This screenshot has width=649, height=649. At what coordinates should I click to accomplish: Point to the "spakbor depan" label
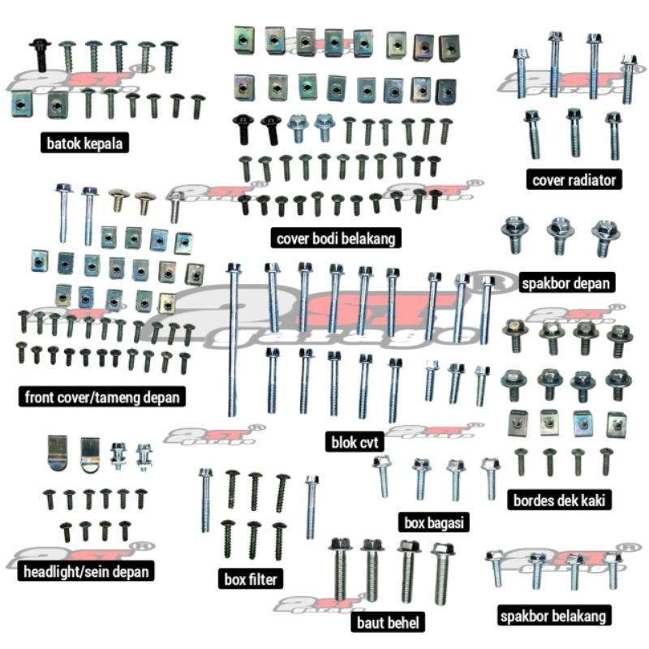567,284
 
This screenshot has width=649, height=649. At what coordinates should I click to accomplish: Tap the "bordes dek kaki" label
558,500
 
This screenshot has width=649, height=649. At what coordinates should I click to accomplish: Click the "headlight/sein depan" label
85,572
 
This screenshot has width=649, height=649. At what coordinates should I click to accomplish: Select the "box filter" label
251,579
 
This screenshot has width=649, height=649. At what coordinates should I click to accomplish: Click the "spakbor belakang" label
552,617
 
